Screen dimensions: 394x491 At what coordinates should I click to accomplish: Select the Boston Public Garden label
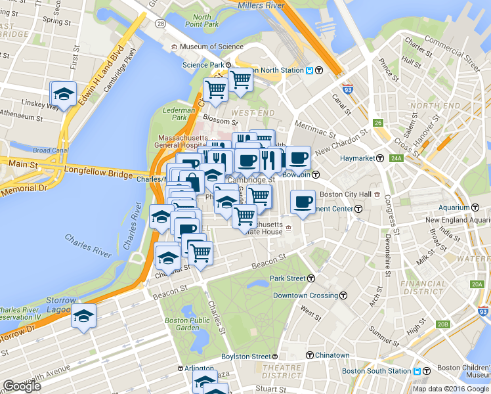(x=182, y=324)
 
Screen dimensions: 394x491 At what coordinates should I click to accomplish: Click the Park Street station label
(x=288, y=278)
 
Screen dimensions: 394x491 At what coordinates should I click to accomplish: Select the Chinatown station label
(x=331, y=355)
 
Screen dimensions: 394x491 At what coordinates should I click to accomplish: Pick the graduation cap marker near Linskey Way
(x=64, y=94)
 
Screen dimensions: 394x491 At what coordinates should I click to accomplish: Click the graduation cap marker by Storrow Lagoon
(x=83, y=316)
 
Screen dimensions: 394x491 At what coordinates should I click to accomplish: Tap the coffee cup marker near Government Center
(x=303, y=202)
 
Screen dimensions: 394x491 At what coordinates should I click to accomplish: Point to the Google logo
(x=22, y=386)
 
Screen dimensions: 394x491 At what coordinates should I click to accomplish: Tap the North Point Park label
(x=202, y=20)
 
